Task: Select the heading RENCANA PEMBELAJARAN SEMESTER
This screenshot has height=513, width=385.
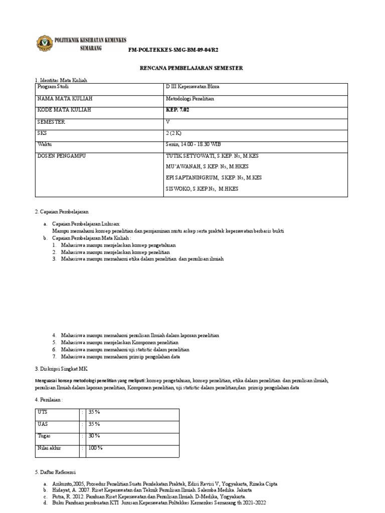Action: [191, 68]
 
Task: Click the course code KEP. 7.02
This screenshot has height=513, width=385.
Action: [179, 110]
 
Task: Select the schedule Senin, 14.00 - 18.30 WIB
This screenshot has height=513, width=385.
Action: [197, 145]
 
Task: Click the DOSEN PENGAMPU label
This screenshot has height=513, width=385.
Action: [62, 156]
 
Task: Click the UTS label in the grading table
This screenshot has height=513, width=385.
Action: [43, 412]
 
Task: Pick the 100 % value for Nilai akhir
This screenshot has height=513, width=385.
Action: [96, 448]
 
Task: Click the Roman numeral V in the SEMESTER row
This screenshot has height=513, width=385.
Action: [168, 122]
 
